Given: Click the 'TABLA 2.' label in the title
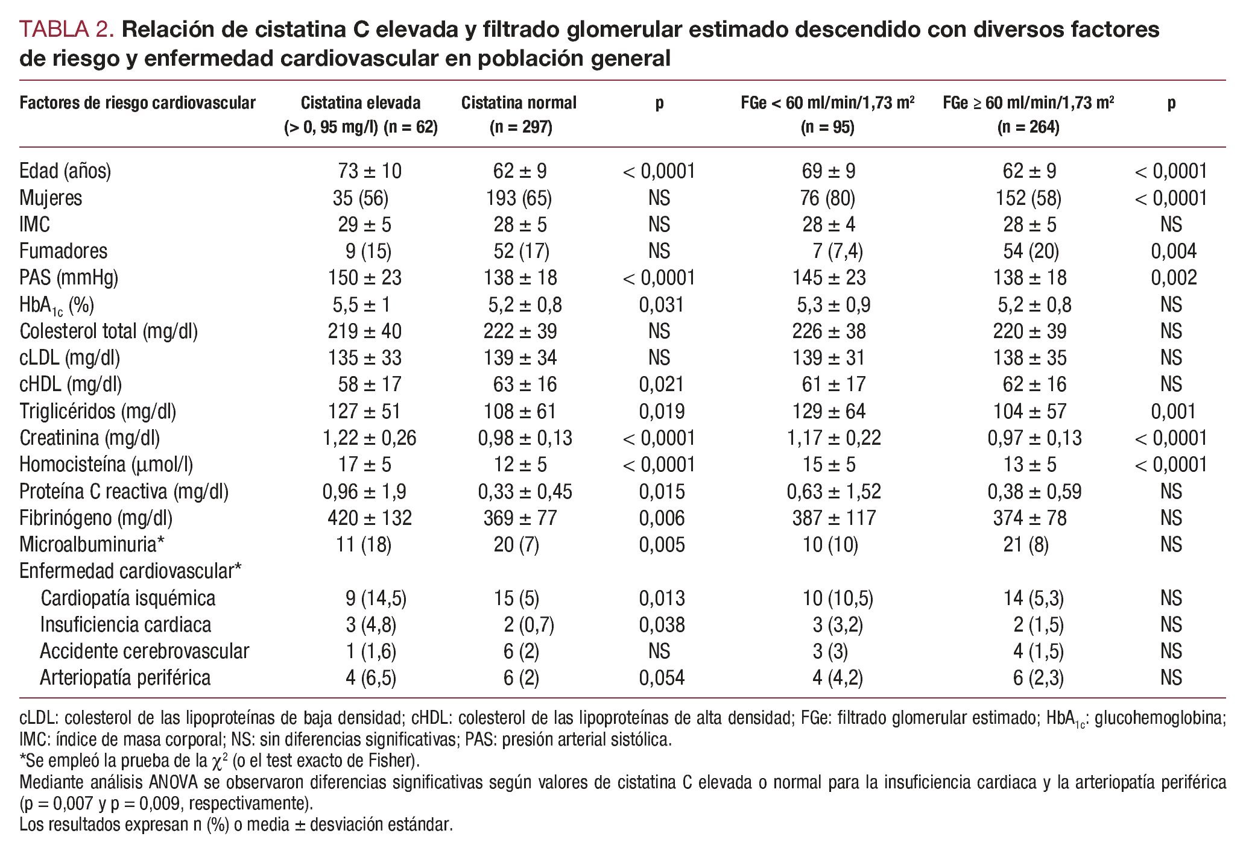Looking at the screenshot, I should (x=67, y=30).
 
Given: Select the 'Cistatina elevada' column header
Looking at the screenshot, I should (x=361, y=103).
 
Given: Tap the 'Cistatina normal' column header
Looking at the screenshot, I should (x=519, y=103).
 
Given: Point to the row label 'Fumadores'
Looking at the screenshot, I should (x=63, y=251).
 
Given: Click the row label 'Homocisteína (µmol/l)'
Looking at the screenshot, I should (x=106, y=465).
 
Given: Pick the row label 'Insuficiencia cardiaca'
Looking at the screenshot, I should (x=125, y=625).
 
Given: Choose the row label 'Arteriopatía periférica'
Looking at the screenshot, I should (x=125, y=678).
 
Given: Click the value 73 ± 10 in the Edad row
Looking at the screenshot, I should (x=369, y=171).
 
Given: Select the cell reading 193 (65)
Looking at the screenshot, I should (x=519, y=198).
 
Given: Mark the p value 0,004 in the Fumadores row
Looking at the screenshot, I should (x=1173, y=251).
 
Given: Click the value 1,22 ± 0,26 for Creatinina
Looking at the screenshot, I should (x=369, y=438).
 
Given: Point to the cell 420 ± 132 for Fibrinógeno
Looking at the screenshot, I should (x=369, y=518).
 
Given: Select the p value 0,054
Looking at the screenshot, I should (x=662, y=678).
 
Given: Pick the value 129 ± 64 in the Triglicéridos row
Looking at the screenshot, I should (x=829, y=412).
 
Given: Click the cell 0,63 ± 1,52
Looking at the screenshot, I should (x=833, y=492).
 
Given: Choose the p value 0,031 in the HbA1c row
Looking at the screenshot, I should (x=662, y=305).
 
